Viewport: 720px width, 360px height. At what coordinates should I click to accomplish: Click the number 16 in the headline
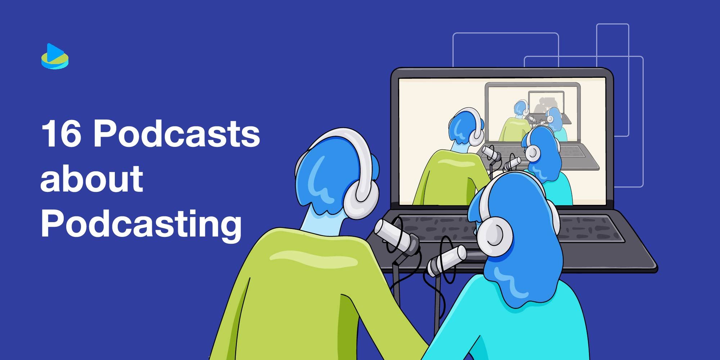coord(60,134)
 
